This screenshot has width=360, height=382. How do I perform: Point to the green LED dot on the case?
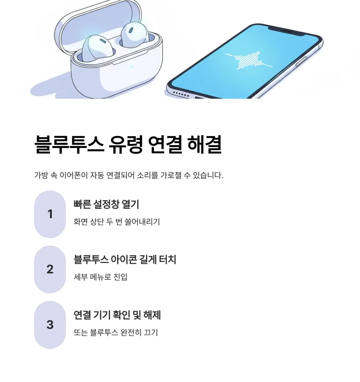tap(132, 66)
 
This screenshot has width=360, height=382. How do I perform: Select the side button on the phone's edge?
tap(301, 62)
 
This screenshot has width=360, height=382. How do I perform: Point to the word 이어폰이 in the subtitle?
tap(73, 175)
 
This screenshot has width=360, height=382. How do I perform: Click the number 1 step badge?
tap(50, 214)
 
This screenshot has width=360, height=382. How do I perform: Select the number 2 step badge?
tap(50, 269)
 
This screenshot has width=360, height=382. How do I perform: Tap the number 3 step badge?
tap(50, 325)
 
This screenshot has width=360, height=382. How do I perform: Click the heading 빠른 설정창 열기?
tap(106, 204)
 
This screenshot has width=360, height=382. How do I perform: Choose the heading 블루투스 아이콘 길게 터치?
tap(125, 259)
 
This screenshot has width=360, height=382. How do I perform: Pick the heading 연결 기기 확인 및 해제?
tap(117, 315)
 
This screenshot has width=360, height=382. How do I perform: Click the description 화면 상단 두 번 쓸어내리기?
tap(117, 222)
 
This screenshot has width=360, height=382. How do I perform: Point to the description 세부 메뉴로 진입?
tap(100, 277)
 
